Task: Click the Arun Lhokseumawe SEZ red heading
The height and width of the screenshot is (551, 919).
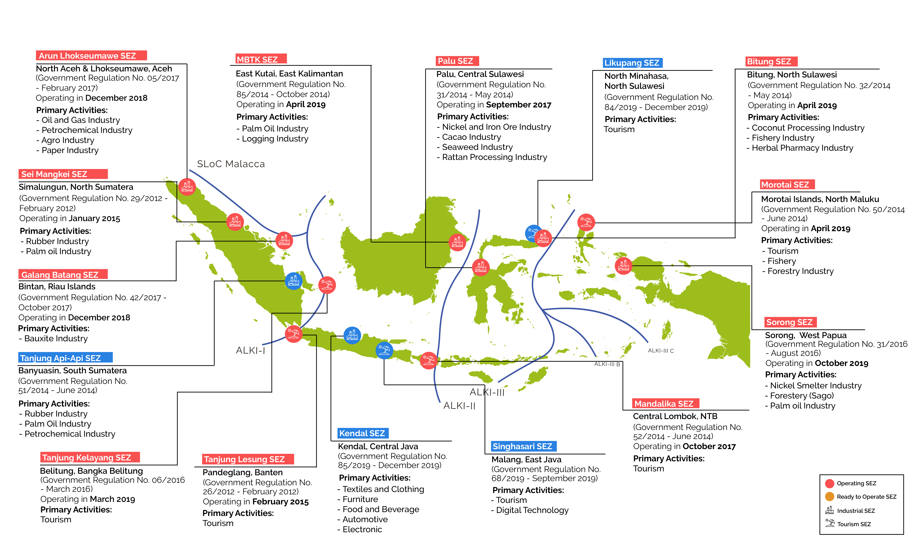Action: (x=91, y=56)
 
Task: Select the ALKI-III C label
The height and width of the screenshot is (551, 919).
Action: (x=661, y=351)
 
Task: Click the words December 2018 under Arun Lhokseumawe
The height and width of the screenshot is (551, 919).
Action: (x=116, y=98)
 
